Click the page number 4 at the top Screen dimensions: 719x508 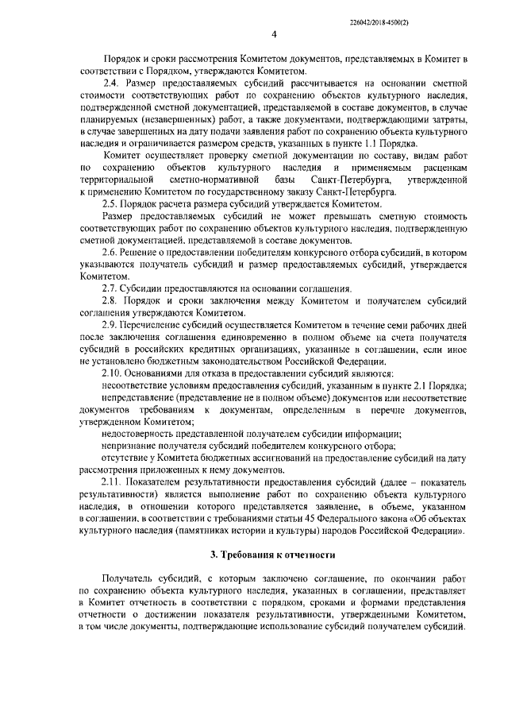(273, 34)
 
